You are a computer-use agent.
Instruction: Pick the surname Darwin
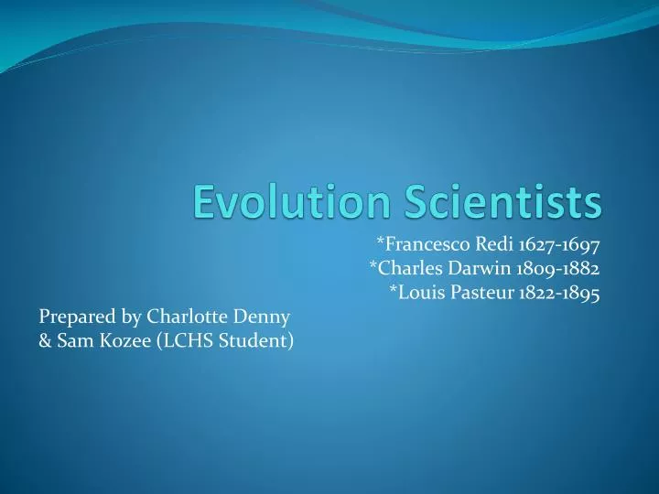(x=464, y=268)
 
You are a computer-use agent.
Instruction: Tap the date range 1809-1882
(x=546, y=268)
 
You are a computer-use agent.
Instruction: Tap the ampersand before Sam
(x=46, y=342)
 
